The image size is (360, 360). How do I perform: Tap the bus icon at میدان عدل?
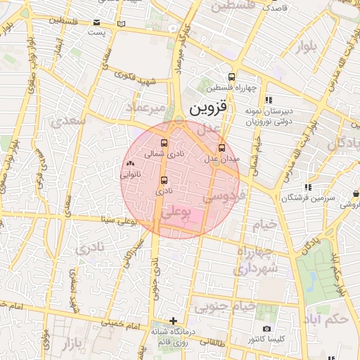click(x=222, y=148)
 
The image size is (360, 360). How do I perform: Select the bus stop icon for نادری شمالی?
click(x=164, y=143)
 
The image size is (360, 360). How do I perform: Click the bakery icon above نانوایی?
click(x=130, y=163)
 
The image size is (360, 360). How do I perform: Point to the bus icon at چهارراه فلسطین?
click(x=232, y=77)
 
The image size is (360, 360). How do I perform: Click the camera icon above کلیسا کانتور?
click(x=266, y=329)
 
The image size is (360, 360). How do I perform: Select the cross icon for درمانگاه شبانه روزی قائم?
click(x=174, y=321)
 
